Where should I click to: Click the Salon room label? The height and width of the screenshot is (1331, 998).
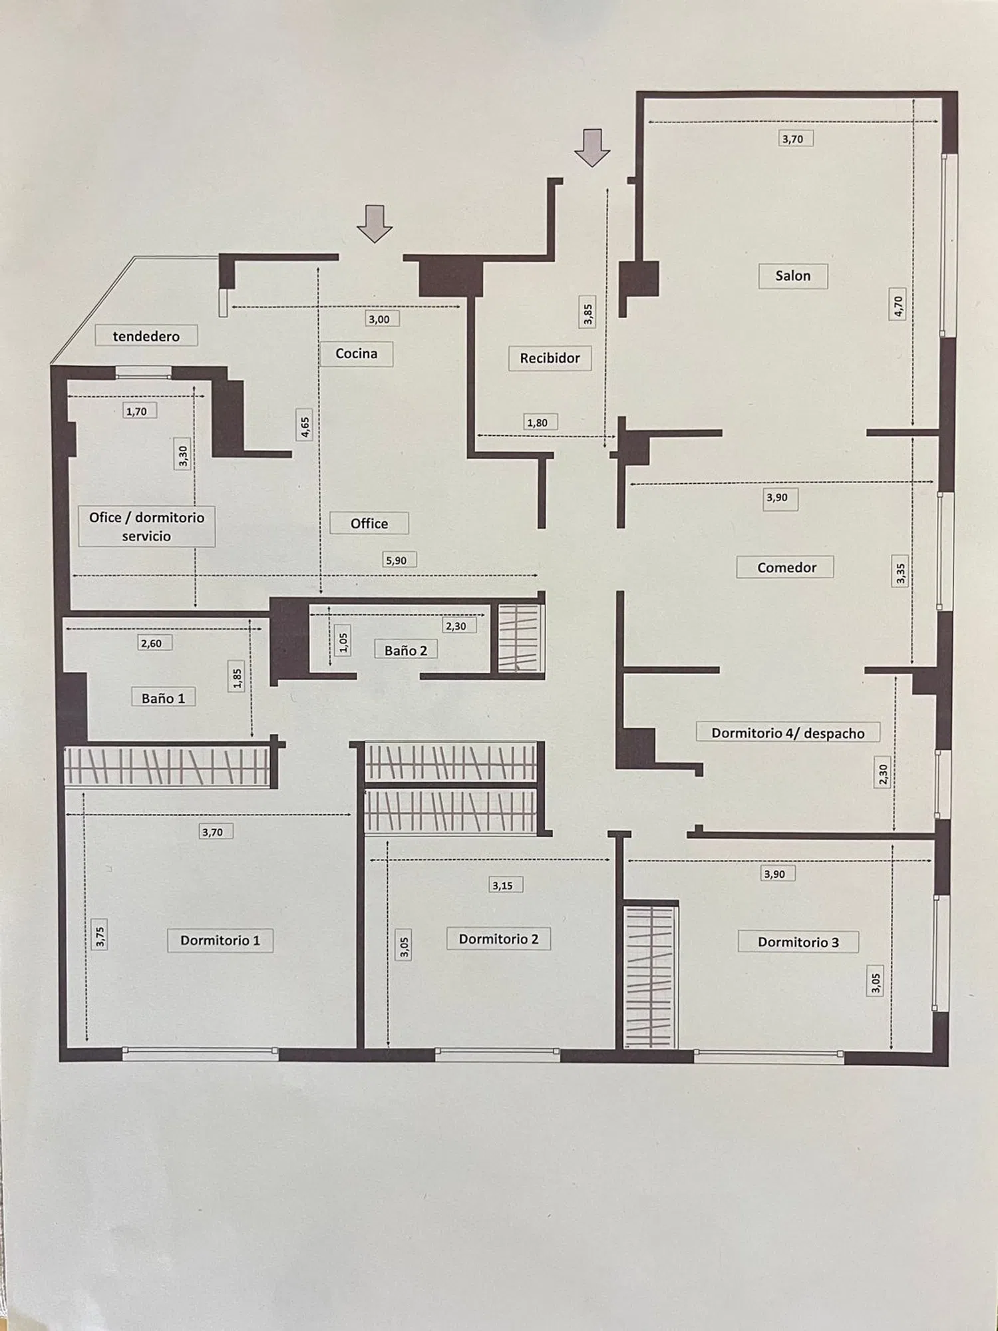point(792,276)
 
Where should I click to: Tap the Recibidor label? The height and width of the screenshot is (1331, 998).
point(550,358)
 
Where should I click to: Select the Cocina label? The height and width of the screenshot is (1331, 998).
point(356,353)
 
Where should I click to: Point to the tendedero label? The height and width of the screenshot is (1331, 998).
point(146,336)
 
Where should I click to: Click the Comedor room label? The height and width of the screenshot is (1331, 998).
point(786,568)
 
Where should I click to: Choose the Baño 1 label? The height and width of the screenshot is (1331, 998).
point(163,698)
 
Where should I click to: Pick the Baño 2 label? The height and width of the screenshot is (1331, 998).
point(406,650)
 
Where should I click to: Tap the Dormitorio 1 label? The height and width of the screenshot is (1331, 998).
point(220,940)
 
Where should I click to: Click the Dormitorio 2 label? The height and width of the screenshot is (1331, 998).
point(498,939)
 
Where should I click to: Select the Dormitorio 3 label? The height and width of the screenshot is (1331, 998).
point(798,942)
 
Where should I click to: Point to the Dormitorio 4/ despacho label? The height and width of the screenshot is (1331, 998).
point(788,733)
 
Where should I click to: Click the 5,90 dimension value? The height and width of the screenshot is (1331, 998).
point(396,560)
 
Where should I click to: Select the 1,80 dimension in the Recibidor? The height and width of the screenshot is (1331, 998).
point(537,423)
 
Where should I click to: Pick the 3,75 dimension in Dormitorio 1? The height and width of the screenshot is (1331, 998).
point(100,937)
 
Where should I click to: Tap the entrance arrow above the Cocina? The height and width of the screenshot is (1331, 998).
point(375,224)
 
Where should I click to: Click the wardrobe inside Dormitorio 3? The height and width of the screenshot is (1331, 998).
point(650,977)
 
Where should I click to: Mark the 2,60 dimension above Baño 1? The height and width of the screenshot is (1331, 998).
point(151,643)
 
